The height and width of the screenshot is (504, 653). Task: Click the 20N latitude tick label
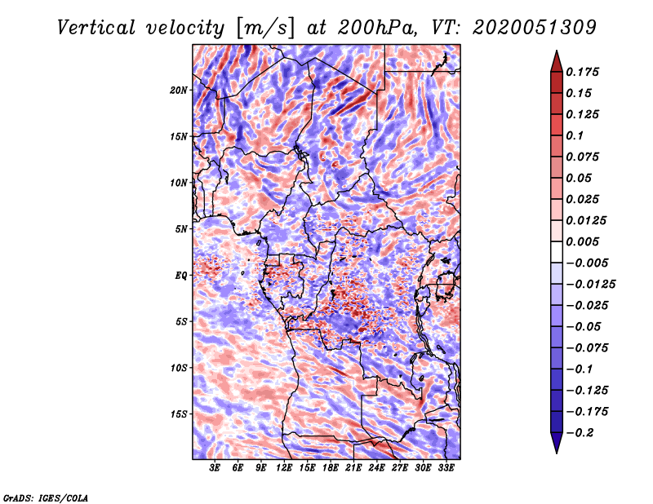click(179, 91)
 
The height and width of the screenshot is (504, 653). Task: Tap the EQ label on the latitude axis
click(181, 276)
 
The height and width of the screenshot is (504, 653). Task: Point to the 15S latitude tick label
click(179, 414)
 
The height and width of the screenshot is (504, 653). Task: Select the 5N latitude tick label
click(181, 229)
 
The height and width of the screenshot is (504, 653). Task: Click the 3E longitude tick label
click(215, 468)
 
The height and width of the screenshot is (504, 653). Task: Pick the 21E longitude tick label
click(353, 468)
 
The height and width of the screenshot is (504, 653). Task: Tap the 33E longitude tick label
click(446, 468)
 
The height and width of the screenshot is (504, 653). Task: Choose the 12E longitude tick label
click(283, 468)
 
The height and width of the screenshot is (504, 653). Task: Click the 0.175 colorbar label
click(582, 72)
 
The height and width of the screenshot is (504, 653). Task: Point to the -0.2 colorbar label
click(580, 433)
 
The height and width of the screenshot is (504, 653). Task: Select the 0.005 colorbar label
click(582, 241)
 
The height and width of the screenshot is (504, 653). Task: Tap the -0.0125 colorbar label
click(590, 285)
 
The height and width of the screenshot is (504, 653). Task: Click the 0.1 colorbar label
click(575, 135)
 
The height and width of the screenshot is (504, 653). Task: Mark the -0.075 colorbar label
click(587, 348)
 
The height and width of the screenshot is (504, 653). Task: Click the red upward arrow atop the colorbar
click(557, 61)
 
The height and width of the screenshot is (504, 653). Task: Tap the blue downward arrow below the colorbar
click(557, 443)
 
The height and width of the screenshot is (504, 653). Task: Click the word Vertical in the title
click(96, 28)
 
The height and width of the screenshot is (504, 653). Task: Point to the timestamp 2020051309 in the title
click(535, 28)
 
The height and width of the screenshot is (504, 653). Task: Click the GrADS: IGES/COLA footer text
click(46, 497)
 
